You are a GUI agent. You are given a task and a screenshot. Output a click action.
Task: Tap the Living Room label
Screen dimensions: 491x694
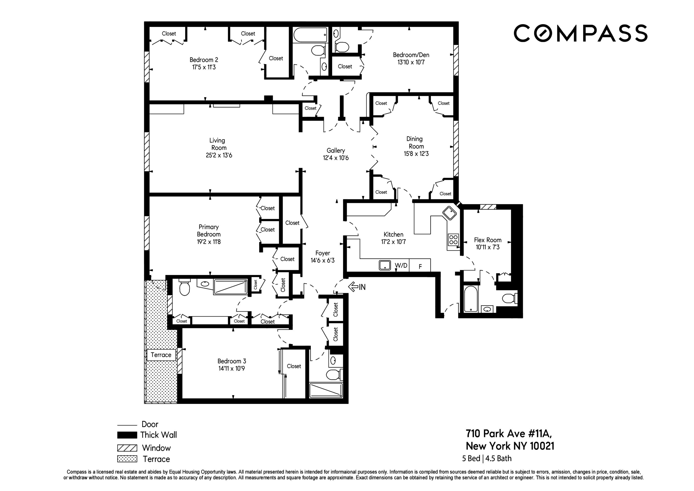tap(218, 144)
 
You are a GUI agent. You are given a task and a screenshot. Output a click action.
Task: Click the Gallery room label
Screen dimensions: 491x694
tap(335, 150)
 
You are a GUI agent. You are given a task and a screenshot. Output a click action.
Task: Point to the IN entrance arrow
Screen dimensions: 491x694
tap(357, 287)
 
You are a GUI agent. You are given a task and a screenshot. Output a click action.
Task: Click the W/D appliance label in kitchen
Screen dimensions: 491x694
tap(401, 266)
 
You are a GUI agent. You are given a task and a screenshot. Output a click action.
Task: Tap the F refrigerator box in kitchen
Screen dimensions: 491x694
tap(420, 266)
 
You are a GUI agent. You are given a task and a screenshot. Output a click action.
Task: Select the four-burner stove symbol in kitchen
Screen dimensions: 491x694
tap(453, 240)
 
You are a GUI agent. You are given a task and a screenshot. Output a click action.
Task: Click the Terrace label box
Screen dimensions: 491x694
tap(161, 355)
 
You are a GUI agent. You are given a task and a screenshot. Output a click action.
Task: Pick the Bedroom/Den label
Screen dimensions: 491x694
tap(411, 55)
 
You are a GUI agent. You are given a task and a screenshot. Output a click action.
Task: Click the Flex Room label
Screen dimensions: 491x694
tap(488, 240)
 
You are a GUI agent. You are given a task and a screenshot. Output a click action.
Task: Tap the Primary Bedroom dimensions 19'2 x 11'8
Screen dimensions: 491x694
tap(209, 242)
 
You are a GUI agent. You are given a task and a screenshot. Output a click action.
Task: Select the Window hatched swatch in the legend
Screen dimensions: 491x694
tap(127, 448)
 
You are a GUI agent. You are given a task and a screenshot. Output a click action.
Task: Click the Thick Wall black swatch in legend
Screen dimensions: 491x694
tap(127, 435)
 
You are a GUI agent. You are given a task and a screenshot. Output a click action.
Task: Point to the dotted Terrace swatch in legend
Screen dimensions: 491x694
tap(127, 459)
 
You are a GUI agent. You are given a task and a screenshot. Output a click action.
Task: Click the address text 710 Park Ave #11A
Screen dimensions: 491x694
tap(509, 434)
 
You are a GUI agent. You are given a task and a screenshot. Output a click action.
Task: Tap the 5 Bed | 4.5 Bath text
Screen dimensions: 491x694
tap(487, 459)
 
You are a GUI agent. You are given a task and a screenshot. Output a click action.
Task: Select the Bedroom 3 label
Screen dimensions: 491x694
tap(232, 361)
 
